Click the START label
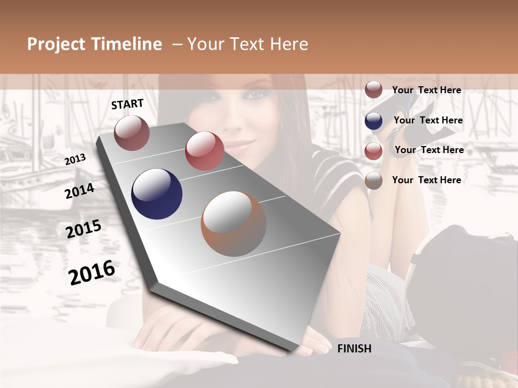(x=127, y=104)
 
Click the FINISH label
(x=354, y=349)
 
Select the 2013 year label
(x=76, y=159)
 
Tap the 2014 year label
(x=79, y=191)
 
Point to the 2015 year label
(x=84, y=229)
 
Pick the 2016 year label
(x=92, y=272)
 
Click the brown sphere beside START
(x=132, y=133)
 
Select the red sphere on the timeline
(x=205, y=151)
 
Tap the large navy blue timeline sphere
(x=156, y=194)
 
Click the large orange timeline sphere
(x=234, y=224)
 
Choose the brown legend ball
(x=373, y=90)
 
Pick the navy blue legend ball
(x=373, y=121)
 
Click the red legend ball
(x=373, y=150)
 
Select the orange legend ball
(x=373, y=181)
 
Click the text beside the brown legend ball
(x=426, y=90)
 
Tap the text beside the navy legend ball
(x=428, y=120)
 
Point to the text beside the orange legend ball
(x=426, y=180)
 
